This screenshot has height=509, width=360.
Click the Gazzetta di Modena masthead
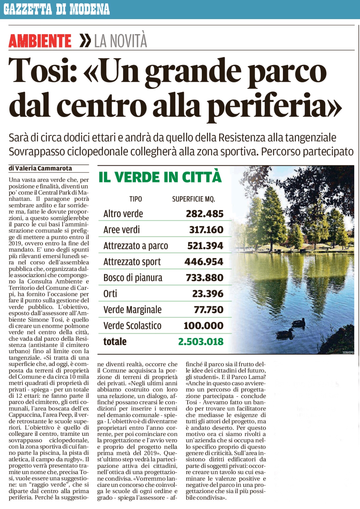tap(56, 9)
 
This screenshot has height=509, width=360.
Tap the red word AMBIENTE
tap(40, 41)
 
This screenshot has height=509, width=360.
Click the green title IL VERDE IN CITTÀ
tap(160, 177)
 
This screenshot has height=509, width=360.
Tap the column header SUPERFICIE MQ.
tap(194, 199)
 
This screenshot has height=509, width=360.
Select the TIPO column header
tap(136, 199)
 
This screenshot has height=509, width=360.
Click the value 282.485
tap(205, 214)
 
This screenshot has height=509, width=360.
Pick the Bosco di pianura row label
tap(133, 278)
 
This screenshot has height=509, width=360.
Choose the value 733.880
tap(205, 278)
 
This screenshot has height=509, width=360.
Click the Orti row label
tap(110, 294)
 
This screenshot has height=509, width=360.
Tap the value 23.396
tap(208, 294)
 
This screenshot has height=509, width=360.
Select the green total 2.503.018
tap(201, 342)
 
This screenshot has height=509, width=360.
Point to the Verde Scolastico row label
tap(132, 326)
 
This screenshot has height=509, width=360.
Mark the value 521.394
tap(205, 246)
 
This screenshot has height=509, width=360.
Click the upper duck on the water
tap(299, 323)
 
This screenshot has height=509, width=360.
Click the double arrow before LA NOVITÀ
tap(85, 41)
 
